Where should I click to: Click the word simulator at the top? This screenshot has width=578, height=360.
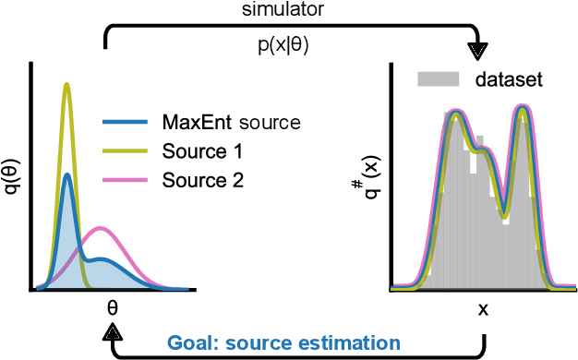292,12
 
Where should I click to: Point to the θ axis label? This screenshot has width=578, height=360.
112,308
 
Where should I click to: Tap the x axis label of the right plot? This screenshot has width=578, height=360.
482,308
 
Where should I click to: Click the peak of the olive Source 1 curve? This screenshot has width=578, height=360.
66,84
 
